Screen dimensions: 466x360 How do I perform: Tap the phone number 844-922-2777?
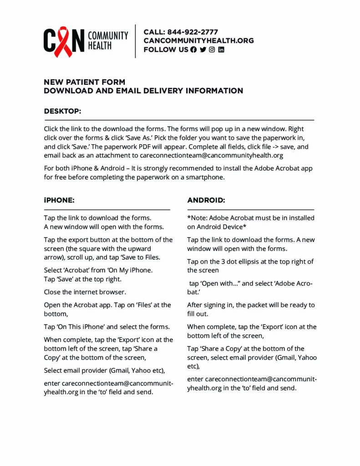[193, 32]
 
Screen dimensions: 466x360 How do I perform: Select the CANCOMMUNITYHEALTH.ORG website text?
[198, 41]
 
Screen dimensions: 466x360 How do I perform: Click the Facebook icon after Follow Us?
[193, 50]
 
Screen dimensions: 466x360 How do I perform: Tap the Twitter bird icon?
[203, 50]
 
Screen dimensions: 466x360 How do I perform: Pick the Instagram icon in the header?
[212, 50]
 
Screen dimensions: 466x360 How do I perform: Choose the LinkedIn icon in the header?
[221, 50]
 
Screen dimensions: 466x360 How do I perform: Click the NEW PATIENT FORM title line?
[84, 82]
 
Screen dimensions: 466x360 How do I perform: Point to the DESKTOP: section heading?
[62, 111]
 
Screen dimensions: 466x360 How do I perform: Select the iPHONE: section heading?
[59, 200]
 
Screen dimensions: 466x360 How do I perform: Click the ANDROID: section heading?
[206, 200]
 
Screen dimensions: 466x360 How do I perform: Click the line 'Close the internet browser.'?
[85, 292]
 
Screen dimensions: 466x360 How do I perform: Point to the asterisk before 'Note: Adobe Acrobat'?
[189, 218]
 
